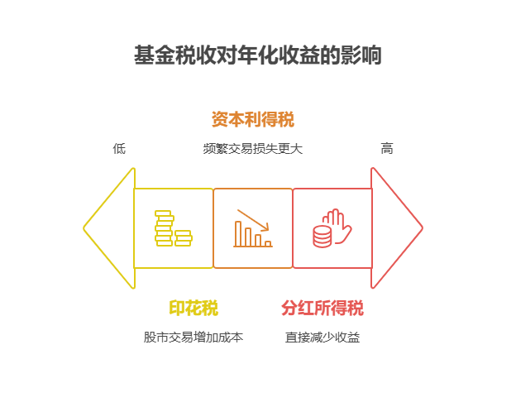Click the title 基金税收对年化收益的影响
click(257, 56)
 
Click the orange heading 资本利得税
click(253, 119)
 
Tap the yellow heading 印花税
click(193, 309)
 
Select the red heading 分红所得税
click(322, 309)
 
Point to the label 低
click(119, 149)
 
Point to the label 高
click(386, 149)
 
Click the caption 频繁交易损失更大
click(253, 149)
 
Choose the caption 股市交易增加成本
click(193, 338)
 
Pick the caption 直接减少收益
click(322, 338)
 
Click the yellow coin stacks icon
click(173, 228)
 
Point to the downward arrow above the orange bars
click(254, 219)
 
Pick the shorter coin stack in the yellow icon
click(184, 238)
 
